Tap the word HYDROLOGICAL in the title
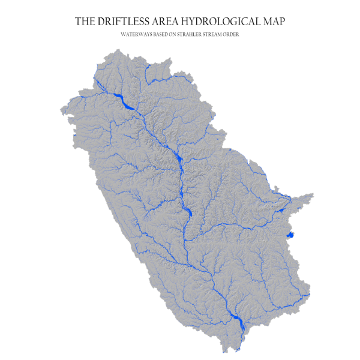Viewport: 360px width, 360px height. pos(217,22)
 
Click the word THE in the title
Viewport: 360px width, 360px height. pos(84,22)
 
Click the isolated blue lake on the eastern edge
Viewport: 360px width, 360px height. pos(290,234)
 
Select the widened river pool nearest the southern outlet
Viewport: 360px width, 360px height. pos(236,322)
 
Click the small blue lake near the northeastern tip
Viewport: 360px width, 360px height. pos(280,209)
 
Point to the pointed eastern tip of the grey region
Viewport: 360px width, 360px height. pos(313,195)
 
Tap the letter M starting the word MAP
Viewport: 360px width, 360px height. pos(266,22)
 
